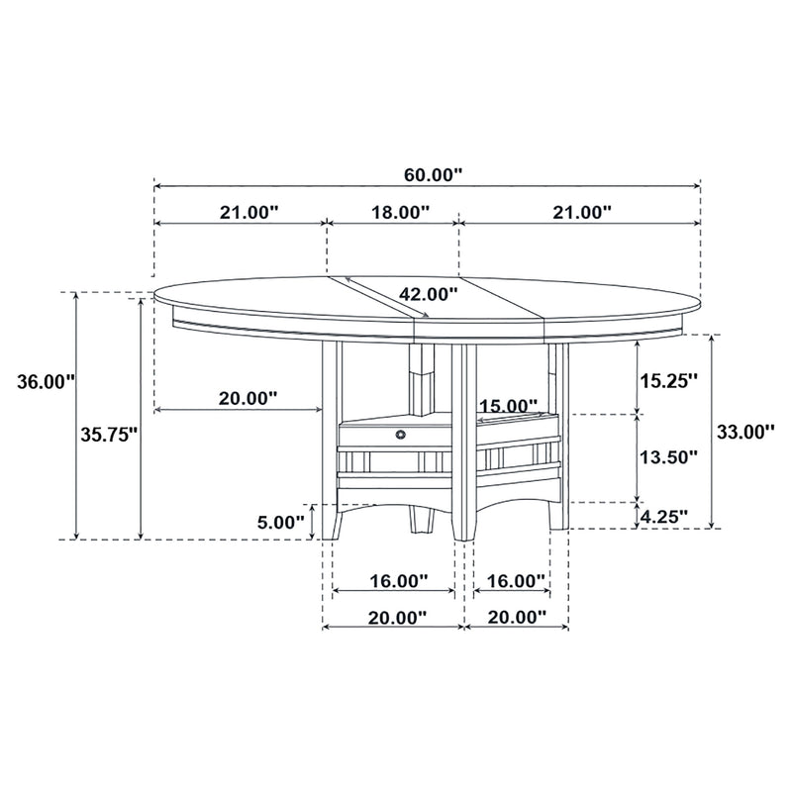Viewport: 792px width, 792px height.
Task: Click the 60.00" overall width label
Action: (434, 174)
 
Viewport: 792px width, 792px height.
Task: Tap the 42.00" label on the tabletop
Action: (429, 293)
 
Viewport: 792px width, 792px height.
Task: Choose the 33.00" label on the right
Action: (744, 432)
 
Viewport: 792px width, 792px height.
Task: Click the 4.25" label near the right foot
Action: (662, 516)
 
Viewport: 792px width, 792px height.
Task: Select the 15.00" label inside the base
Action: (508, 406)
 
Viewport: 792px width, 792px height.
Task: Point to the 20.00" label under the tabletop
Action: (247, 398)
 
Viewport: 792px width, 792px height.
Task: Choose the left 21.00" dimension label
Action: (249, 212)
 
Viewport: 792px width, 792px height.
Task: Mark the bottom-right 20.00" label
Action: (516, 617)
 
